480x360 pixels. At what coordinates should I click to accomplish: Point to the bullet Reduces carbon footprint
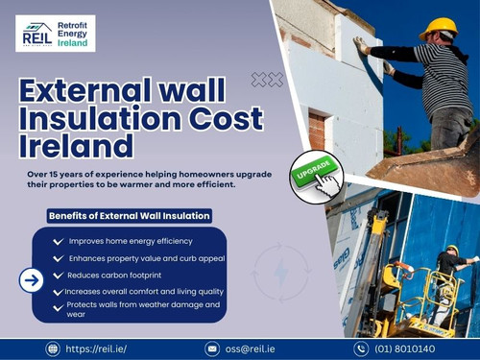point(116,274)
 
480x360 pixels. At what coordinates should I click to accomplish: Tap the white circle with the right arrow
point(32,280)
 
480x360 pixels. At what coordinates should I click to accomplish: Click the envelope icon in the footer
point(212,348)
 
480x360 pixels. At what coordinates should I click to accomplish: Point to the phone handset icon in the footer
point(361,348)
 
